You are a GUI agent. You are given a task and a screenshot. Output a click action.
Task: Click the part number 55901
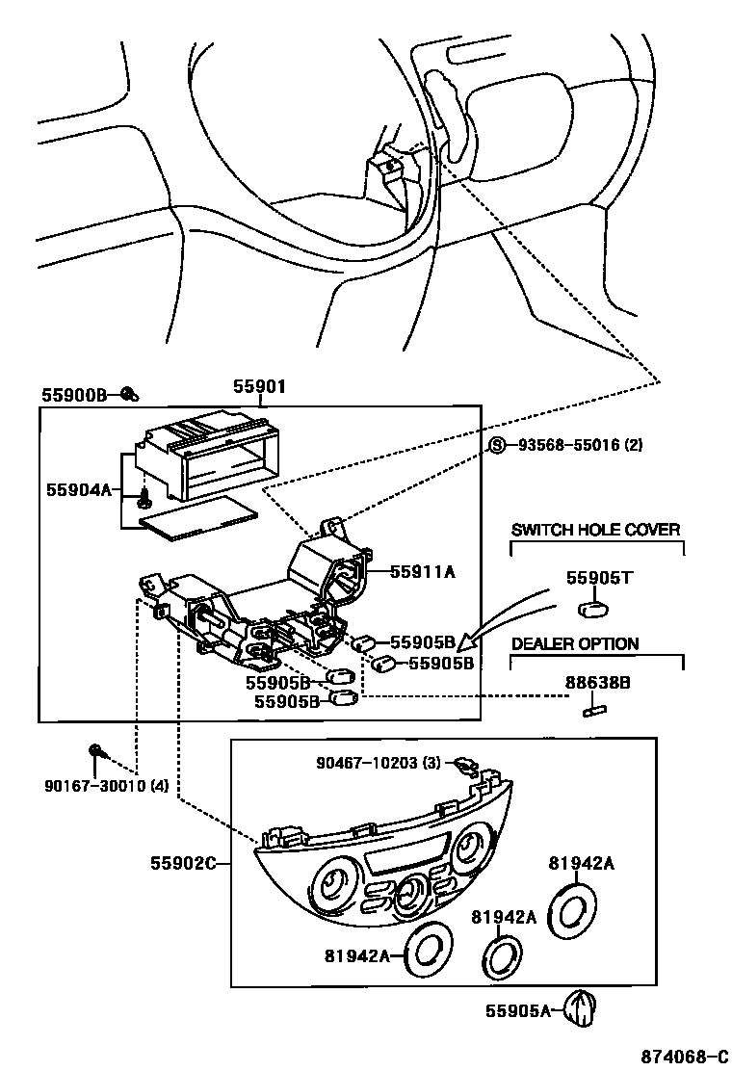coord(259,387)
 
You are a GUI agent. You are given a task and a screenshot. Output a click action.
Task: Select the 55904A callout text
coord(79,489)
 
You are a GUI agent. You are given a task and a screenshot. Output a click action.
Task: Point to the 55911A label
coord(422,572)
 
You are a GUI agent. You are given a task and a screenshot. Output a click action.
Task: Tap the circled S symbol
coord(497,445)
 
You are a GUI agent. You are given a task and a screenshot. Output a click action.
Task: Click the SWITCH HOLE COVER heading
coord(595,530)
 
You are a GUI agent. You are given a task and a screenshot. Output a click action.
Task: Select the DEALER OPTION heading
coord(574,644)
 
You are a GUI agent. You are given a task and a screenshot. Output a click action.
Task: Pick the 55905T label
coord(598,578)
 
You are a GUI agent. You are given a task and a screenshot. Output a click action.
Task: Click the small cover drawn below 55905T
coord(594,609)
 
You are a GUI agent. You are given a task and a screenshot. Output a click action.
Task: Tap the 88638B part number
coord(597,682)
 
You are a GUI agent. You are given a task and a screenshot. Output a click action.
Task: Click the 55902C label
coord(182,863)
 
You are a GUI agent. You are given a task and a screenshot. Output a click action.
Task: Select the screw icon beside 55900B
coord(129,393)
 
